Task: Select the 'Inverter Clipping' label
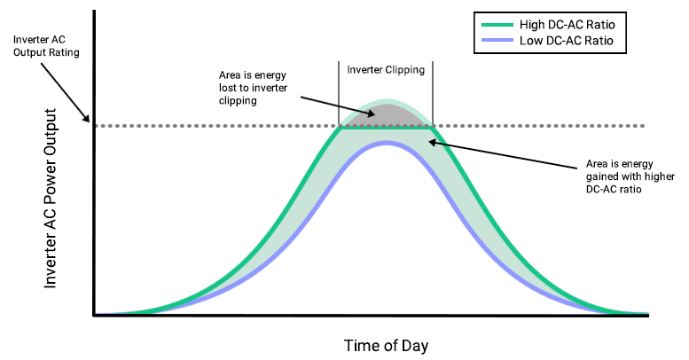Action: (x=386, y=69)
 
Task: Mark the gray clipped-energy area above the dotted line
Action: (x=386, y=116)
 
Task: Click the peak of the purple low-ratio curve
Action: (x=386, y=143)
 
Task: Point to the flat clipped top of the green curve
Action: (x=386, y=127)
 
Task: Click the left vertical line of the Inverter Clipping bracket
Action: (x=339, y=93)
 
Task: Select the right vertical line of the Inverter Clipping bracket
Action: (x=433, y=93)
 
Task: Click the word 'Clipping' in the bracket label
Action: (x=405, y=69)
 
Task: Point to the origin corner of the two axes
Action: (x=93, y=315)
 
